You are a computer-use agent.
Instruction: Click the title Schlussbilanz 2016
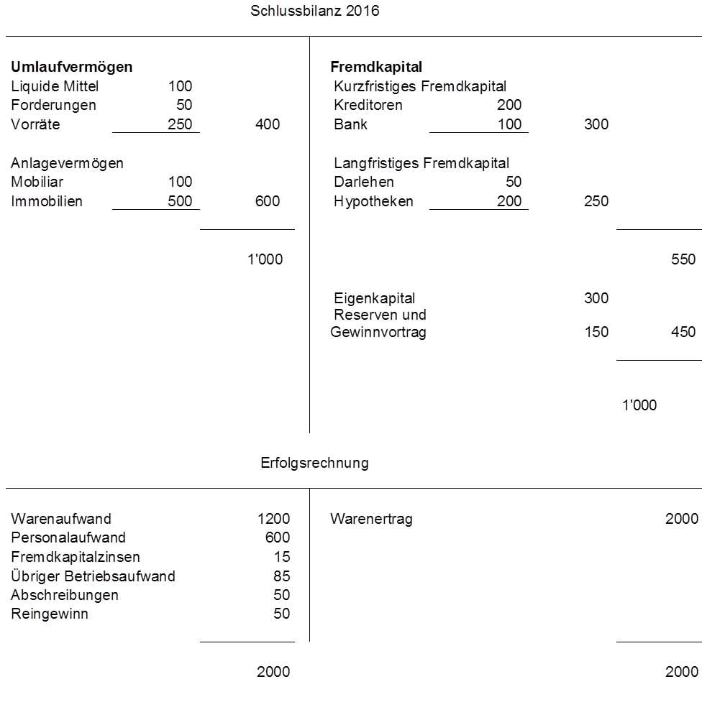tap(314, 11)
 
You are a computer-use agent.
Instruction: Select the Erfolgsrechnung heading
tap(314, 463)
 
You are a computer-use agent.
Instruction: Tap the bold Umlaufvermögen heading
tap(72, 67)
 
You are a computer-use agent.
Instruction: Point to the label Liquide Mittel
tap(55, 86)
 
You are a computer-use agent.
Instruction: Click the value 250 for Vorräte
tap(180, 124)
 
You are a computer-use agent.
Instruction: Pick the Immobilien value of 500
tap(180, 201)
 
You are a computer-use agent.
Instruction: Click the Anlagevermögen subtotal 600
tap(268, 201)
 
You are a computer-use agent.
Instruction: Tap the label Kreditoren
tap(368, 105)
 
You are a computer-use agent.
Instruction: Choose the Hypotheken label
tap(373, 201)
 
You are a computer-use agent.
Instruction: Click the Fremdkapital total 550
tap(683, 259)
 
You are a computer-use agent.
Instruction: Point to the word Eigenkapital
tap(375, 297)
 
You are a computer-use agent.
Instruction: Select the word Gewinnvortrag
tap(378, 332)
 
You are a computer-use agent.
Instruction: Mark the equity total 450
tap(683, 332)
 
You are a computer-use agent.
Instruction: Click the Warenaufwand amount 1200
tap(273, 519)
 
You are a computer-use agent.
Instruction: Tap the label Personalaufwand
tap(68, 537)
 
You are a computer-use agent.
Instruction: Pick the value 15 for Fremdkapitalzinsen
tap(282, 557)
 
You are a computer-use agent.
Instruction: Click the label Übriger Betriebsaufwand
tap(93, 576)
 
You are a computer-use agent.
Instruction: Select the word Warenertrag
tap(371, 519)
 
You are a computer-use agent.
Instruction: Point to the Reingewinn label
tap(50, 614)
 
